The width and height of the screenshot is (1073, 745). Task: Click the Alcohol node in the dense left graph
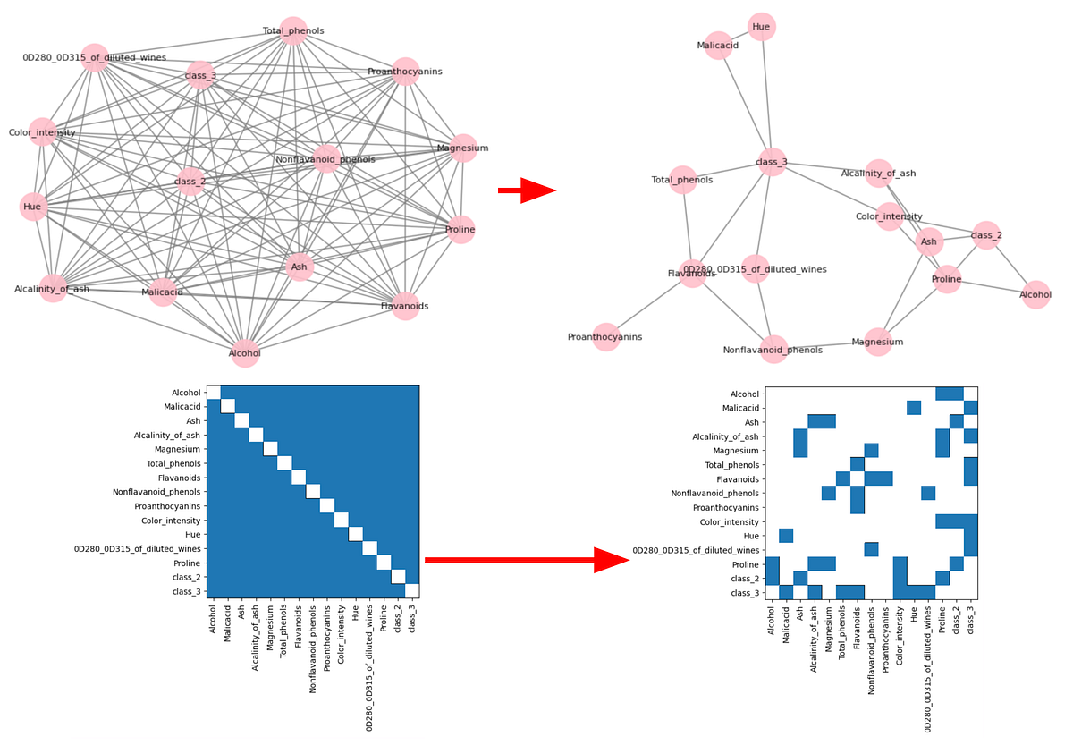[245, 353]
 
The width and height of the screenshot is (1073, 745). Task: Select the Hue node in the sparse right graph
[761, 27]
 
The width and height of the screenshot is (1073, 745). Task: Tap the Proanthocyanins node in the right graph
[605, 337]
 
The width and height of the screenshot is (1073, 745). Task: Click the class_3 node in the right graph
[771, 162]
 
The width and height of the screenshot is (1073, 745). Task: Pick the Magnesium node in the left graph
[462, 148]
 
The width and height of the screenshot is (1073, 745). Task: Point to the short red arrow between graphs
[527, 190]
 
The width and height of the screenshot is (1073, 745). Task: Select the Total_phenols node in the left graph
[292, 30]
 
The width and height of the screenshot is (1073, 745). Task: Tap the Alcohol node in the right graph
[1035, 294]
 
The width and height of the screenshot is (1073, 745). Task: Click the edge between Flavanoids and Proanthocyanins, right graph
[648, 305]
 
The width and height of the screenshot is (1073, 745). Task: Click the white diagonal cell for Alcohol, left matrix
[214, 392]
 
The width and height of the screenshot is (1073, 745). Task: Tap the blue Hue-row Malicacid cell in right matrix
[786, 536]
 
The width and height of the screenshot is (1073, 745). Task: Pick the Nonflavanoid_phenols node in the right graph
[773, 350]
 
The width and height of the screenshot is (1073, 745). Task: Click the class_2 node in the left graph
[190, 182]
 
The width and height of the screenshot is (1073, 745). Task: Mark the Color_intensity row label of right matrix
[731, 521]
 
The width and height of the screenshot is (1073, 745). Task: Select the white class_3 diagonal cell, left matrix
[412, 590]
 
